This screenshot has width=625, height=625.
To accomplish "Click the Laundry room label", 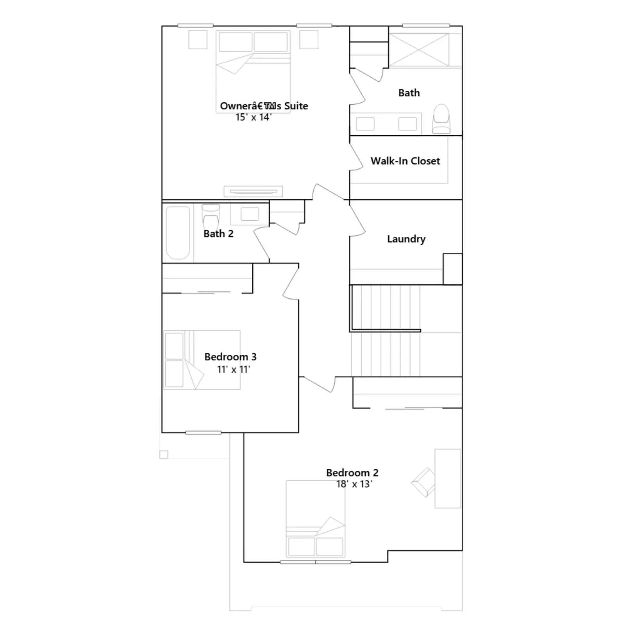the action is pos(406,239).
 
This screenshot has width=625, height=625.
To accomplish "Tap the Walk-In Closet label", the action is pos(405,161).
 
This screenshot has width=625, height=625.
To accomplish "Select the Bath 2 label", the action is pos(218,234).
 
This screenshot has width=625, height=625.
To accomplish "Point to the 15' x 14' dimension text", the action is pos(254,117).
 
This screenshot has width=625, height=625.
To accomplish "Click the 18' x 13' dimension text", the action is pos(354,484).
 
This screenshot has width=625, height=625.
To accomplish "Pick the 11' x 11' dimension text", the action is pos(234,369).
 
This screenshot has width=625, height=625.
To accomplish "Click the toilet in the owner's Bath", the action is pos(441,119).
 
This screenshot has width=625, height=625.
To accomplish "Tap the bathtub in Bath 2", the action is pos(178,233).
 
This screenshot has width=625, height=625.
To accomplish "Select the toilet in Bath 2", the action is pos(211,217).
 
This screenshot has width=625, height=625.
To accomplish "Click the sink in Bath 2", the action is pos(250,214).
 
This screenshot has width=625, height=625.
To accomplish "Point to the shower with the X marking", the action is pos(419,50).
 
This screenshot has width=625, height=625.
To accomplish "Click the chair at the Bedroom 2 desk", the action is pos(424,482).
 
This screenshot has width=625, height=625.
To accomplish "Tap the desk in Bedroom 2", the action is pos(448,479).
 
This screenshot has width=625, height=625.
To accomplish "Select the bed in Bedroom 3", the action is pos(202,360).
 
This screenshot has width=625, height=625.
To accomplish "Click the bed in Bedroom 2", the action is pos(316,518).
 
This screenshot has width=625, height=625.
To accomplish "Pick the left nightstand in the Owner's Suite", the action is pos(198,39).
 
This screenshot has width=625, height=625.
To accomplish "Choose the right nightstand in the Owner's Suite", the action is pos(309,39).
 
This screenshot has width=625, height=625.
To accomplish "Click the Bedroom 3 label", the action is pos(230,357).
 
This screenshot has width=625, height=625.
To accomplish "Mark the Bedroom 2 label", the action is pos(352,473).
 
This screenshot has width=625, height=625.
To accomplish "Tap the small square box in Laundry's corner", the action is pos(453,269).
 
